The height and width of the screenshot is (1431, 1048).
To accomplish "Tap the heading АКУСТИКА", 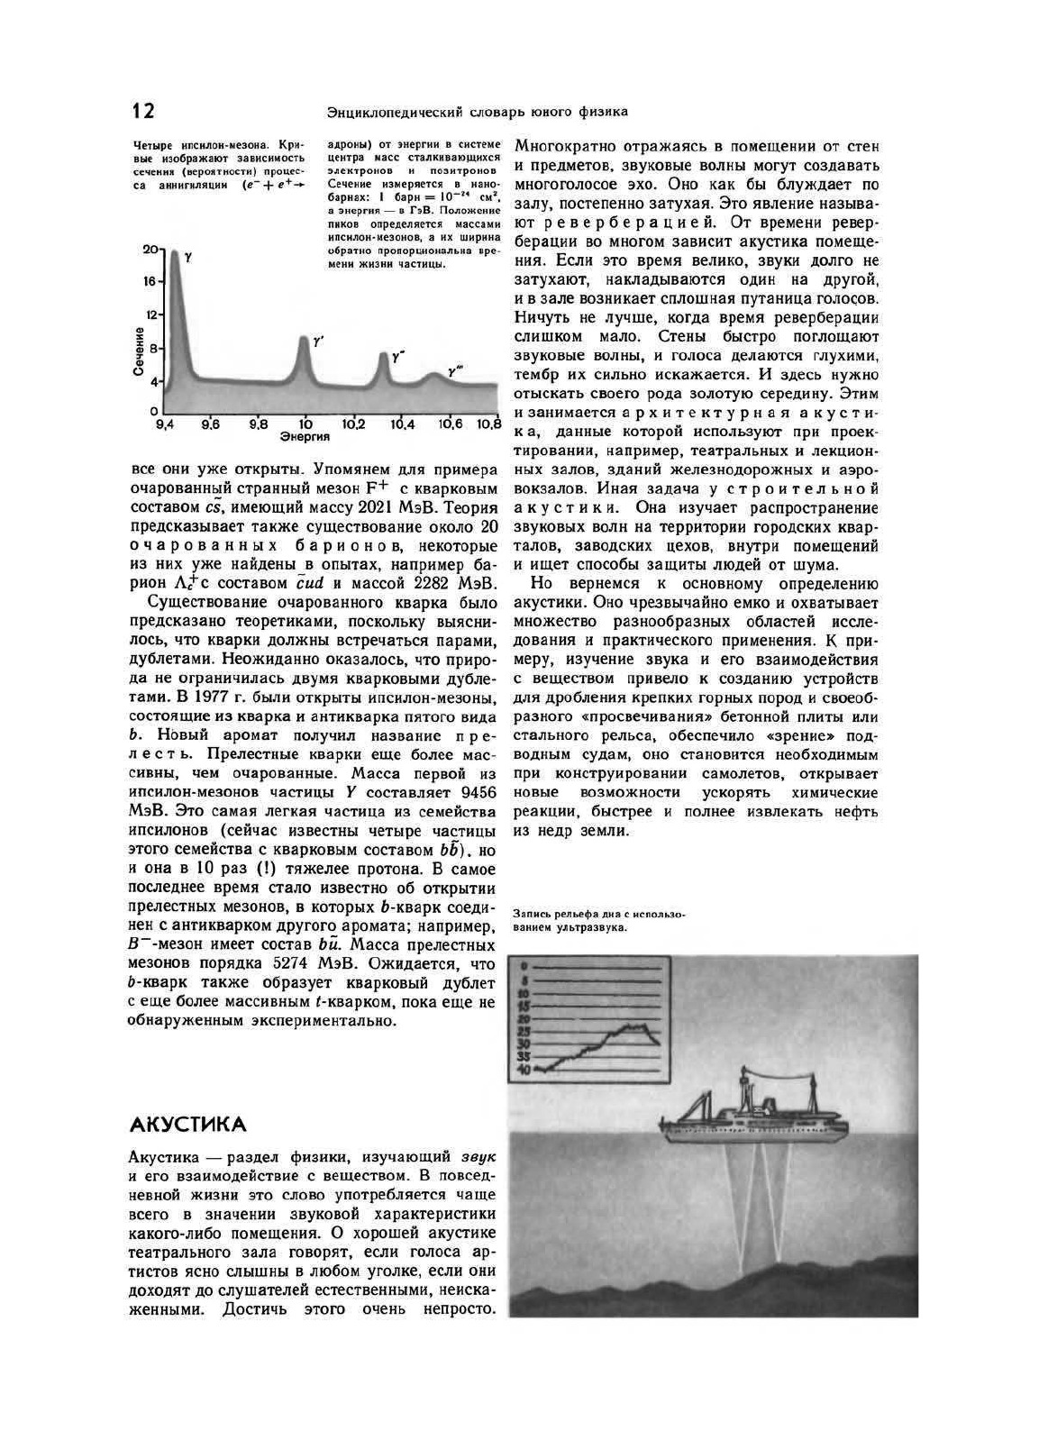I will (187, 1125).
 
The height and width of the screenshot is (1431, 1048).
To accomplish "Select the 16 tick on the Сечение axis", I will (150, 282).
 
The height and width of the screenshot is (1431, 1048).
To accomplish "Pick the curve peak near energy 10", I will (304, 339).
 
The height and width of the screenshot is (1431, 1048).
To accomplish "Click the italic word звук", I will (478, 1156).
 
